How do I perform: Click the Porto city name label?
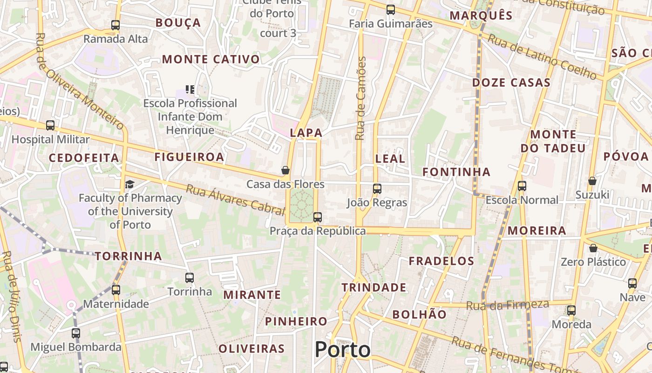(x=343, y=350)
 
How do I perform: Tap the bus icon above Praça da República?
(x=317, y=217)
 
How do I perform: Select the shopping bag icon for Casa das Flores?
(x=285, y=170)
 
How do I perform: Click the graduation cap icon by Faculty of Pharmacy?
(x=129, y=184)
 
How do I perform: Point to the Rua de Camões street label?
(x=361, y=98)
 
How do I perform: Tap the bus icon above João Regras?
(x=377, y=189)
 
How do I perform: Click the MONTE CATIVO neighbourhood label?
(x=211, y=59)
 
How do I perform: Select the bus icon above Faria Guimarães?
(x=390, y=9)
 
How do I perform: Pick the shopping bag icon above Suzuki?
(x=592, y=180)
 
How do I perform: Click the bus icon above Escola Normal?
(x=522, y=186)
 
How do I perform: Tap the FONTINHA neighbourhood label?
(x=456, y=172)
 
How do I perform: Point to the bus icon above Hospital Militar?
(x=50, y=125)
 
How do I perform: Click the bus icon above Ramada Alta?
(x=115, y=25)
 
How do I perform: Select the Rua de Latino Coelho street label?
(x=542, y=57)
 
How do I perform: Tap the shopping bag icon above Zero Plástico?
(x=593, y=248)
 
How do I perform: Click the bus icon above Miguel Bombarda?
(x=76, y=333)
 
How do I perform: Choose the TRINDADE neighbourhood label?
(x=374, y=287)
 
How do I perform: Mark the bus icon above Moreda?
(x=571, y=310)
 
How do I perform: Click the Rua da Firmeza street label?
(x=508, y=305)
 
